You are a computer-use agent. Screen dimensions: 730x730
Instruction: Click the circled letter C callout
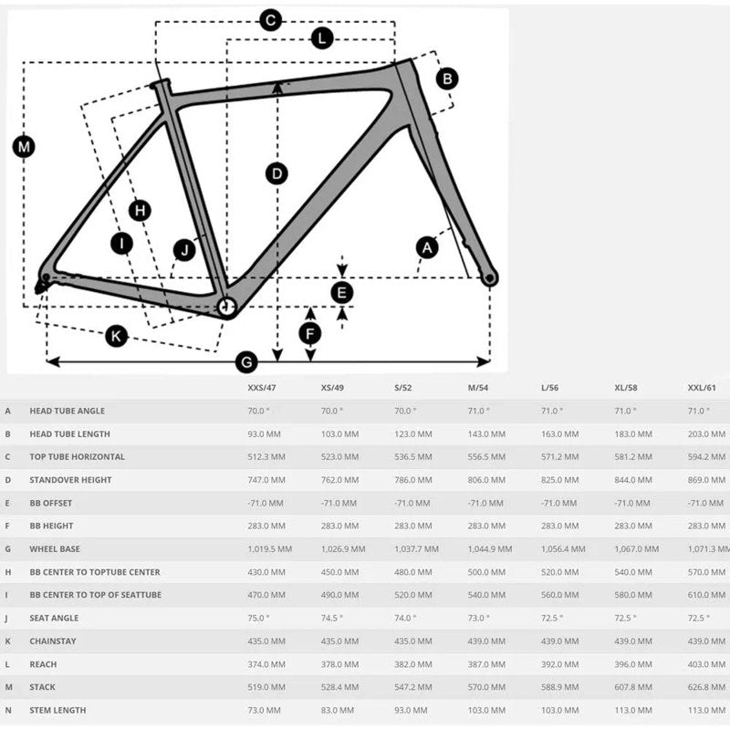270,19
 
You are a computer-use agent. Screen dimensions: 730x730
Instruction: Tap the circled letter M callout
24,146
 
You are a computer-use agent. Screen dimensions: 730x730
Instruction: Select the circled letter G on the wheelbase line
245,362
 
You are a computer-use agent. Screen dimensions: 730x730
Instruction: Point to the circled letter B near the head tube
446,78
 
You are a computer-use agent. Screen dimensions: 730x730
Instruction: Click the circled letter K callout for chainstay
116,336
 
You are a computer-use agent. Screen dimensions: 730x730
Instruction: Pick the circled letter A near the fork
426,246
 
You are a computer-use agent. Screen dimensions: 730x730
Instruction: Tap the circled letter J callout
184,249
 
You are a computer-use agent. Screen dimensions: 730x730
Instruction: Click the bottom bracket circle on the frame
225,308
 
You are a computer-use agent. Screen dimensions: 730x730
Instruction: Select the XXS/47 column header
262,388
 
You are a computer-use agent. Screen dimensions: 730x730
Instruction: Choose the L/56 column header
550,388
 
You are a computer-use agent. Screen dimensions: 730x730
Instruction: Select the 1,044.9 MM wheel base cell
490,548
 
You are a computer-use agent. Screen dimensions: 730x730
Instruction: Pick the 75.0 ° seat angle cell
260,618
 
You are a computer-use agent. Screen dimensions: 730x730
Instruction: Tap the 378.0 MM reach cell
339,664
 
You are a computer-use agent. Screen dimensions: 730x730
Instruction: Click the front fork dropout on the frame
490,277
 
